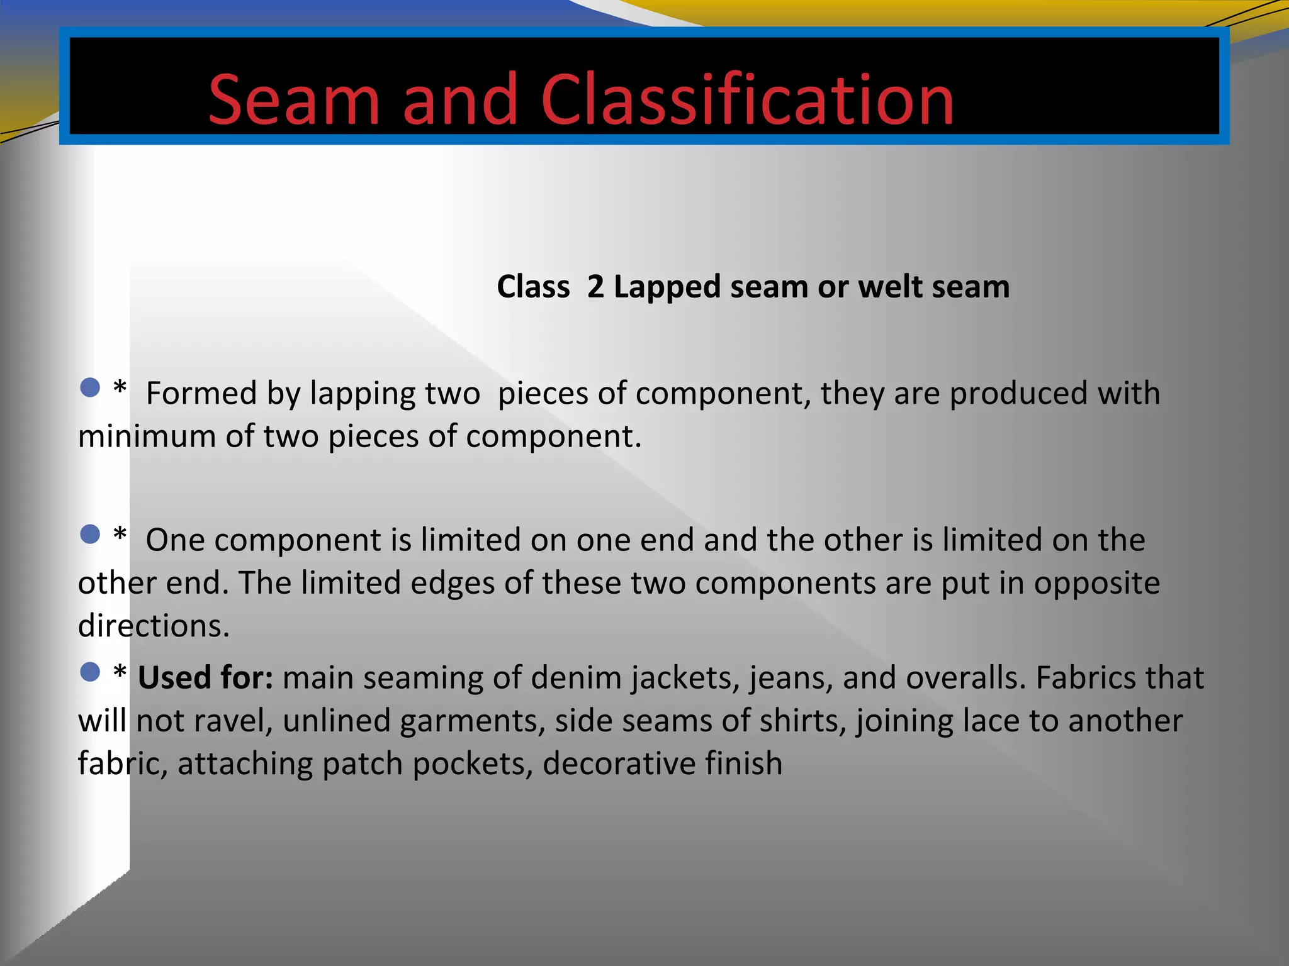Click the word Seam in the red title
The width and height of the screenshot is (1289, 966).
pyautogui.click(x=294, y=101)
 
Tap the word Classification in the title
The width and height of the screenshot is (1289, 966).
pyautogui.click(x=747, y=101)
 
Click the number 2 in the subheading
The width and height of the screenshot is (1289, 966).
pyautogui.click(x=595, y=287)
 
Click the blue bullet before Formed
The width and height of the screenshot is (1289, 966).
pyautogui.click(x=91, y=387)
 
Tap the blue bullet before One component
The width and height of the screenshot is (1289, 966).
pyautogui.click(x=91, y=535)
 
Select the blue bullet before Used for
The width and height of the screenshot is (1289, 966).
pyautogui.click(x=91, y=672)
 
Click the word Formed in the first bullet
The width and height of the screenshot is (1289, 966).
pyautogui.click(x=201, y=394)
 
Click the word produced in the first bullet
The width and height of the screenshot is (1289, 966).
pyautogui.click(x=1019, y=394)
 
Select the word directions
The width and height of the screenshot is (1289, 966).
pyautogui.click(x=154, y=626)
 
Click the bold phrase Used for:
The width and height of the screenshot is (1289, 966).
pyautogui.click(x=205, y=678)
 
